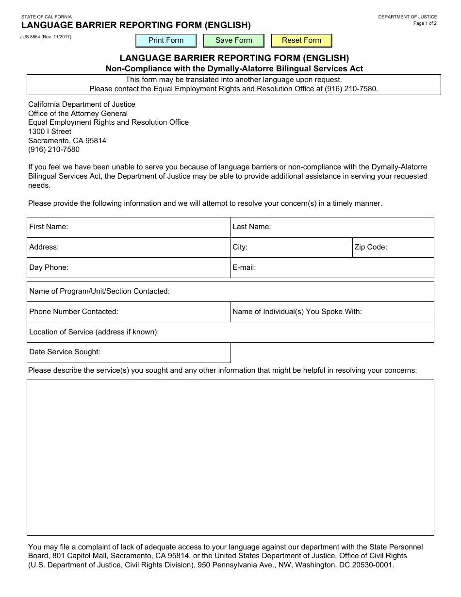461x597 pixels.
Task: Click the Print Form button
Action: coord(166,40)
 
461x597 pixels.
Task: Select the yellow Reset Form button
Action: coord(301,40)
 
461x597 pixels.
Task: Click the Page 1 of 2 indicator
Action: coord(425,23)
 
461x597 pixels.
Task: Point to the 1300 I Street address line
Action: coord(49,132)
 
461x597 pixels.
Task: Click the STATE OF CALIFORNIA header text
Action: coord(46,17)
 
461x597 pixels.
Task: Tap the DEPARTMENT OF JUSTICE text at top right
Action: coord(407,17)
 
